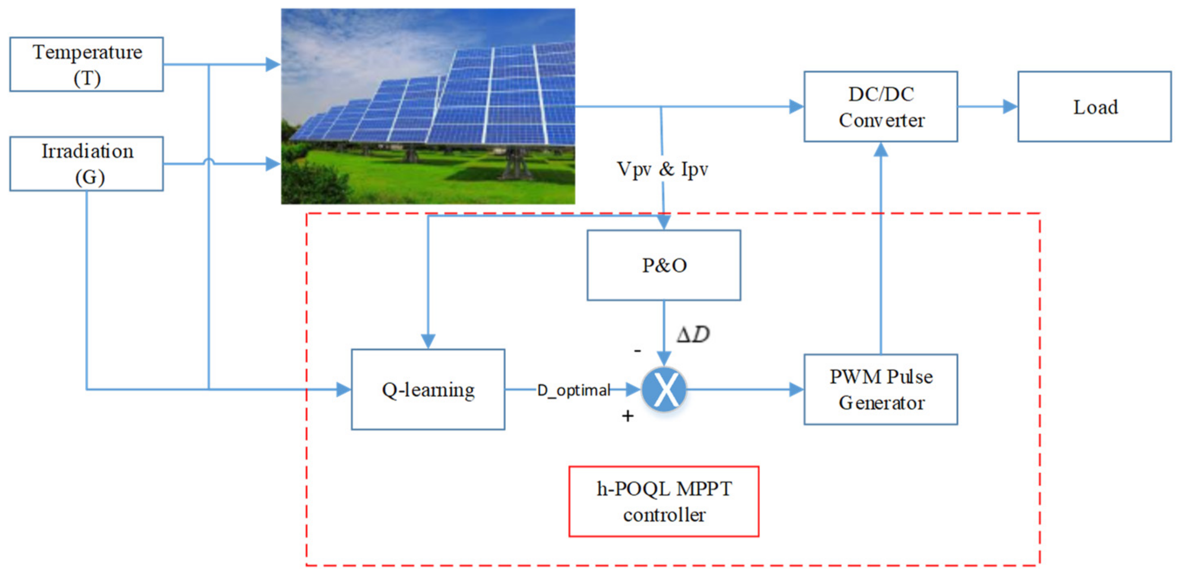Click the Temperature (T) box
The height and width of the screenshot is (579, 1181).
click(x=86, y=64)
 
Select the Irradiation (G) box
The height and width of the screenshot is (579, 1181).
click(x=86, y=164)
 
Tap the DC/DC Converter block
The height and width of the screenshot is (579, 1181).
click(x=880, y=107)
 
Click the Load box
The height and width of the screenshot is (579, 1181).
click(x=1094, y=107)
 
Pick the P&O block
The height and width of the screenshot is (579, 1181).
click(x=663, y=265)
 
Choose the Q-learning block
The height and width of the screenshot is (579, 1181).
click(x=428, y=389)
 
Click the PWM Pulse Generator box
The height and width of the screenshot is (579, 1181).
click(x=880, y=389)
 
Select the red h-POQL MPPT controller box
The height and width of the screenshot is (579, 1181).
click(x=663, y=501)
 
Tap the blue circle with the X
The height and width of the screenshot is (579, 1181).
click(x=664, y=389)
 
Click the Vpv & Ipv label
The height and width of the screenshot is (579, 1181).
click(x=662, y=169)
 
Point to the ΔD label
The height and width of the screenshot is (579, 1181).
click(x=693, y=334)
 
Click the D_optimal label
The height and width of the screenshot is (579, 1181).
click(x=573, y=390)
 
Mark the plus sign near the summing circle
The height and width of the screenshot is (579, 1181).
click(x=627, y=416)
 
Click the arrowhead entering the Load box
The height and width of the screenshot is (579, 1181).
click(x=1009, y=107)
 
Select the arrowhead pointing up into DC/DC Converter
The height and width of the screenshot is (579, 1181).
click(x=880, y=149)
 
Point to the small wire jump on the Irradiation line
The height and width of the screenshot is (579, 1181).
click(x=209, y=161)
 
